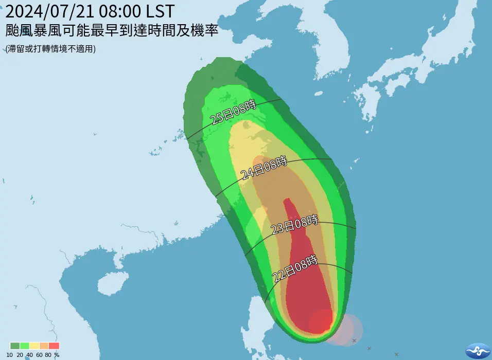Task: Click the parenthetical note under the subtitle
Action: coord(50,49)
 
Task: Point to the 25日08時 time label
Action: coord(233,112)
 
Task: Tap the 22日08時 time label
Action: coord(294,268)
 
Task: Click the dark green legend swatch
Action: coord(14,346)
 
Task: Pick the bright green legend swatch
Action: coord(24,346)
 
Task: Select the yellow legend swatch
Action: coord(34,346)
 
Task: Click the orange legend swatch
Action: coord(44,346)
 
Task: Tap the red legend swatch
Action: coord(54,346)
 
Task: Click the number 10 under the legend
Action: coord(10,355)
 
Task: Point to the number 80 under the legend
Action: coord(48,355)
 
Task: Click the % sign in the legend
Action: coord(57,355)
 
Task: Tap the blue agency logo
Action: coord(478,350)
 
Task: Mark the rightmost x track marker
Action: coord(396,354)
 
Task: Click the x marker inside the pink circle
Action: coord(354,340)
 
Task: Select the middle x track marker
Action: coord(369,349)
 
